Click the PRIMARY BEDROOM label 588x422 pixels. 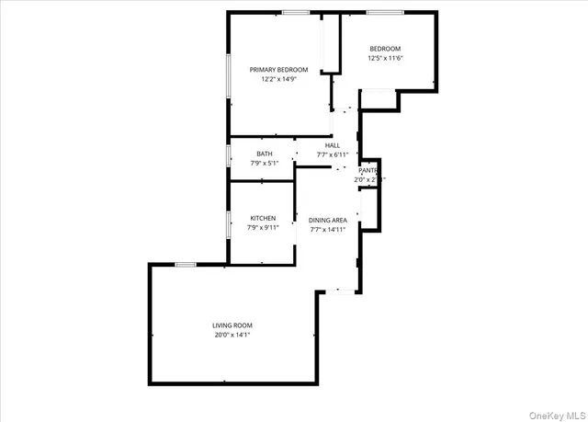tap(278, 69)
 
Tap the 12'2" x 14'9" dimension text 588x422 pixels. tap(278, 79)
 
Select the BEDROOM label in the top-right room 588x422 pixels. tap(385, 49)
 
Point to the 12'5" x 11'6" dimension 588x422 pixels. tap(385, 58)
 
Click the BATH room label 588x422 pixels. tap(265, 154)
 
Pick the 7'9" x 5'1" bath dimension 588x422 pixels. tap(265, 163)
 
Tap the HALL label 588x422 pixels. tap(332, 145)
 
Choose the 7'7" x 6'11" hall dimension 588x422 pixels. tap(332, 154)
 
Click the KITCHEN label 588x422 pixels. tap(263, 218)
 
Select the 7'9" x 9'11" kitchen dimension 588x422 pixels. tap(263, 227)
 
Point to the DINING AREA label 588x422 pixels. tap(327, 220)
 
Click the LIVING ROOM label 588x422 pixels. tap(232, 325)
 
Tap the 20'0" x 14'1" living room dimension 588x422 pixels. tap(232, 335)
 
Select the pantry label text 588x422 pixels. tap(368, 170)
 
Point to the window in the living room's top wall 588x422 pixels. tap(186, 265)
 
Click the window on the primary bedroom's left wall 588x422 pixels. tap(229, 76)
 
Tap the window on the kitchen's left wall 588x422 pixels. tap(229, 224)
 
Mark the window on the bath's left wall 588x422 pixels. tap(229, 156)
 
